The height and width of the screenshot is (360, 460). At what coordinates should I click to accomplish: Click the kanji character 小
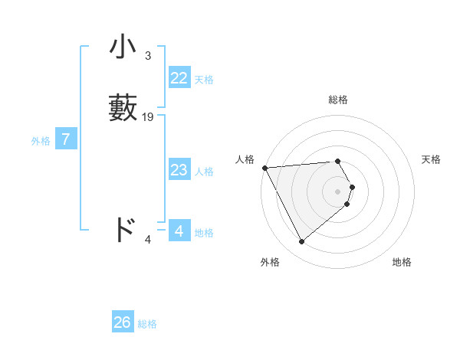[x=123, y=47]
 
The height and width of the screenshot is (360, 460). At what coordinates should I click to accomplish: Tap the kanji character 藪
[x=123, y=108]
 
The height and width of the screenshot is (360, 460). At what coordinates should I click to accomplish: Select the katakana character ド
[x=123, y=230]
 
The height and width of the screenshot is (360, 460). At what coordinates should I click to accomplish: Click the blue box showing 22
[x=179, y=78]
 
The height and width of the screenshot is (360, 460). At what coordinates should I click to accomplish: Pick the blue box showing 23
[x=179, y=170]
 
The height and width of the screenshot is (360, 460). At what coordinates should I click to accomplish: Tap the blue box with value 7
[x=66, y=139]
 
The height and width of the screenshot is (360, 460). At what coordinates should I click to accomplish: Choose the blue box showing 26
[x=123, y=322]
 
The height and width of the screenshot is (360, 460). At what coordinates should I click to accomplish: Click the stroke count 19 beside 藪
[x=148, y=117]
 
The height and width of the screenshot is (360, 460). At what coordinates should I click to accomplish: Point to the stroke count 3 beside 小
[x=147, y=56]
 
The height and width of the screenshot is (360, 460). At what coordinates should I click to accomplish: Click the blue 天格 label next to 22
[x=204, y=79]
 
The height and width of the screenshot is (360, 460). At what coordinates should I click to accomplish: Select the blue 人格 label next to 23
[x=205, y=171]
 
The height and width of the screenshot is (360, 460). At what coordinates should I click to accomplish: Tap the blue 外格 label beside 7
[x=41, y=140]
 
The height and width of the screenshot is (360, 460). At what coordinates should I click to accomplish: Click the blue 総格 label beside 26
[x=147, y=324]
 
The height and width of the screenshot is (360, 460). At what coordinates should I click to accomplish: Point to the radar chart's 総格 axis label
[x=338, y=100]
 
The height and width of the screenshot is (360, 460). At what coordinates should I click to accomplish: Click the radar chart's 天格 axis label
[x=431, y=159]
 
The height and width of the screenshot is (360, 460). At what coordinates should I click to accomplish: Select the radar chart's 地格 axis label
[x=402, y=262]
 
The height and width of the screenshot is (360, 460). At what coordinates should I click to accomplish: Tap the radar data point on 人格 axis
[x=264, y=168]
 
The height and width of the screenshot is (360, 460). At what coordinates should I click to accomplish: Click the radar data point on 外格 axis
[x=301, y=242]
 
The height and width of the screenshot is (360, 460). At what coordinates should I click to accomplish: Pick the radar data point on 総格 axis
[x=338, y=162]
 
